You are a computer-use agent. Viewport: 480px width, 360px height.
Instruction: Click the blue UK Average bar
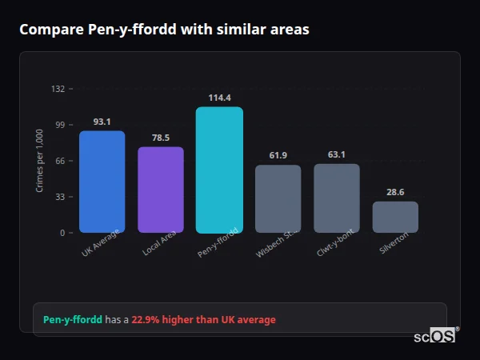tap(102, 182)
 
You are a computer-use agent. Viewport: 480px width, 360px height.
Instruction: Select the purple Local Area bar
tap(161, 190)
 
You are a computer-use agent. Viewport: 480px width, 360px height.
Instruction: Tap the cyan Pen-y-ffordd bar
tap(219, 170)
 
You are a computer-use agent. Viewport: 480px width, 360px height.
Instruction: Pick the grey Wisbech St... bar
tap(278, 198)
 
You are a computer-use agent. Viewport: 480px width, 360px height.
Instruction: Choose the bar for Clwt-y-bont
tap(337, 198)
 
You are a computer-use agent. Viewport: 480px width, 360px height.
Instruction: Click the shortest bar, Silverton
tap(395, 217)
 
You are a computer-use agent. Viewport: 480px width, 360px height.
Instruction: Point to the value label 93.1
tap(102, 122)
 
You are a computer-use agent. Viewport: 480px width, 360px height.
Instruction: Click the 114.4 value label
tap(219, 98)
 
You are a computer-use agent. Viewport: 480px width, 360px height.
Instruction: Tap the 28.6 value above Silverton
tap(395, 192)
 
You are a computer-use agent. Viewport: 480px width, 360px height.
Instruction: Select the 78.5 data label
tap(161, 138)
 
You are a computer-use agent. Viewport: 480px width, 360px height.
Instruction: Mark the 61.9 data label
tap(278, 155)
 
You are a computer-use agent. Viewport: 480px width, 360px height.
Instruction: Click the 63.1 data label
tap(337, 154)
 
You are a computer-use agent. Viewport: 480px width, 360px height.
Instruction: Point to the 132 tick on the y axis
tap(58, 89)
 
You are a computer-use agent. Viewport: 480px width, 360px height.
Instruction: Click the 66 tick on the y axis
tap(60, 161)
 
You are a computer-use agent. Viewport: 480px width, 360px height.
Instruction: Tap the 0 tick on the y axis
tap(62, 233)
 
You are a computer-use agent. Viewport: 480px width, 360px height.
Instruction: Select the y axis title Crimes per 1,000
tap(40, 161)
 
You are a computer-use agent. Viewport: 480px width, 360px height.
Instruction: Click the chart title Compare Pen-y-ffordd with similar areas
tap(164, 30)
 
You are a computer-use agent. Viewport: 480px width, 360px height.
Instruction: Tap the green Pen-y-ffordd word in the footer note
tap(73, 319)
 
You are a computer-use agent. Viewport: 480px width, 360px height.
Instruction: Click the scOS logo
tap(434, 336)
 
